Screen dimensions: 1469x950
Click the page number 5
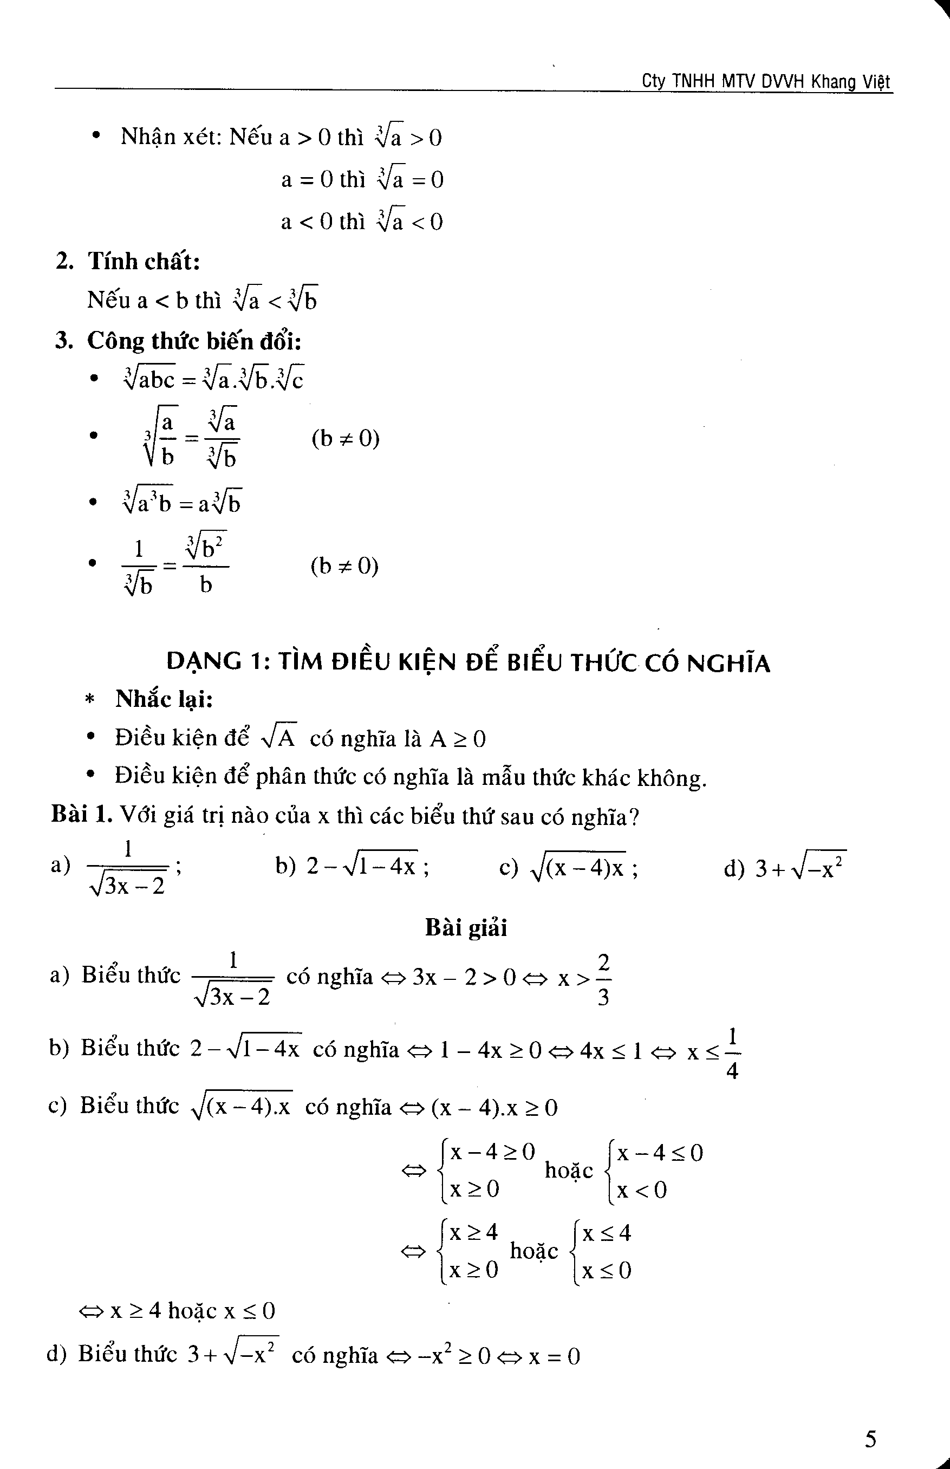coord(870,1439)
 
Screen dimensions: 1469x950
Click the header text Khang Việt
coord(851,81)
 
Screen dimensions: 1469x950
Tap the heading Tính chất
coord(143,262)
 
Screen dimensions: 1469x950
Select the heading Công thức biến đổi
coord(194,341)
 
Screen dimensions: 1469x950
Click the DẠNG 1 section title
coord(468,662)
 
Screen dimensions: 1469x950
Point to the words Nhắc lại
coord(164,699)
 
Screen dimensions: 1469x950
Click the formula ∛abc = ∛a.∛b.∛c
coord(213,378)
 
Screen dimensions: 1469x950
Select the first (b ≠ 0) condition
coord(346,439)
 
